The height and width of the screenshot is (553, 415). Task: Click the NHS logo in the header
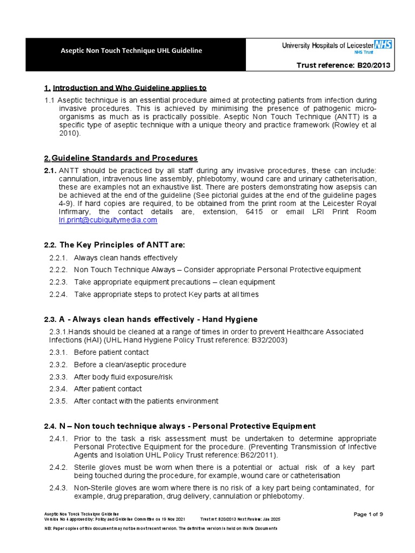(384, 45)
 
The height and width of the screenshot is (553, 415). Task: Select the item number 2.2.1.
(58, 258)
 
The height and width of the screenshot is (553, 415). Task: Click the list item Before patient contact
(111, 352)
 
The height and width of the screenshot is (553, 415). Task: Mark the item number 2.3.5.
(58, 401)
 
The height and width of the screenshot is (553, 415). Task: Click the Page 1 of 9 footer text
(368, 514)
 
